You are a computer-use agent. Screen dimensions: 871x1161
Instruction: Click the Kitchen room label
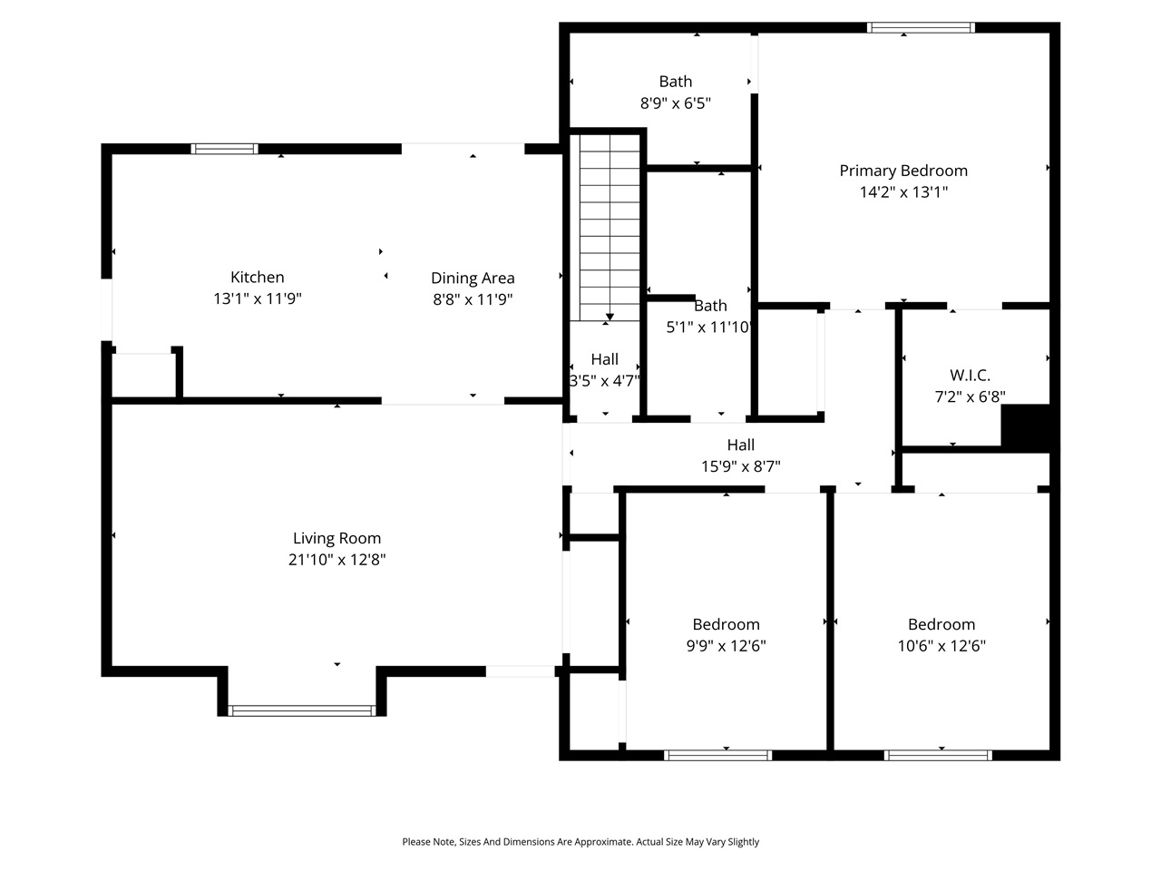257,278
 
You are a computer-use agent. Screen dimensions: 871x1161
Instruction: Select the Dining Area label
473,279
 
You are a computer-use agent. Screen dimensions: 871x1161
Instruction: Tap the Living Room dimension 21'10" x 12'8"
337,560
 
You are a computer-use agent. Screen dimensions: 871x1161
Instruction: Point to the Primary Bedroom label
902,171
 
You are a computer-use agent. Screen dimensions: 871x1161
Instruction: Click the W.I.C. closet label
970,375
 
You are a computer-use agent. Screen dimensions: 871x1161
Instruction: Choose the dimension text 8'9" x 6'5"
675,103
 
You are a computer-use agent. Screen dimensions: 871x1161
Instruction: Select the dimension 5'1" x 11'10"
709,328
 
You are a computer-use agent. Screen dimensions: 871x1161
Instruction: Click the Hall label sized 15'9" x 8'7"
740,445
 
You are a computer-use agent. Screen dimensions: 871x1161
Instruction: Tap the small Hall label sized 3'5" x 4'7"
604,359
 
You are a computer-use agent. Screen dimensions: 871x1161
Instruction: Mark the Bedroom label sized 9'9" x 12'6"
726,624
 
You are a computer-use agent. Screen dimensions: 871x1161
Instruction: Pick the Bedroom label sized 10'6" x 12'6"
941,624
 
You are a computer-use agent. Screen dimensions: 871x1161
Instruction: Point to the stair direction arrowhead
610,317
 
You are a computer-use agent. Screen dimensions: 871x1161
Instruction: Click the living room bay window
302,710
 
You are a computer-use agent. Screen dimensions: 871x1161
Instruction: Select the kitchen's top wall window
224,149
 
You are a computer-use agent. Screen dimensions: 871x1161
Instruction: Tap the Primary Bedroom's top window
921,28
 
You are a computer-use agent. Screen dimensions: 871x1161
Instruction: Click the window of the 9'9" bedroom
717,755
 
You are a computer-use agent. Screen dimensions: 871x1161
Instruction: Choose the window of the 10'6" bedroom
938,755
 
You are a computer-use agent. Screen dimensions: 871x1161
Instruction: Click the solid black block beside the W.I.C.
1025,426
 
